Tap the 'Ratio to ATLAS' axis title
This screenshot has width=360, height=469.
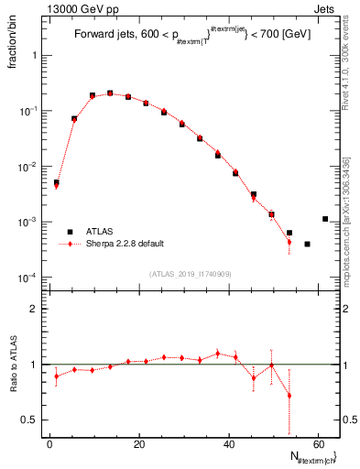click(14, 365)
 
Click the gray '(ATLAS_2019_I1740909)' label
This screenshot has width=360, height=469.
click(191, 274)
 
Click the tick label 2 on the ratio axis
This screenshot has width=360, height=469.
click(34, 310)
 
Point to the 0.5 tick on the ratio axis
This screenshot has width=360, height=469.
click(30, 420)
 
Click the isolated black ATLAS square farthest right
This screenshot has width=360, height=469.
click(325, 219)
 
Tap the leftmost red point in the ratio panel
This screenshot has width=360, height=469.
click(57, 376)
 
